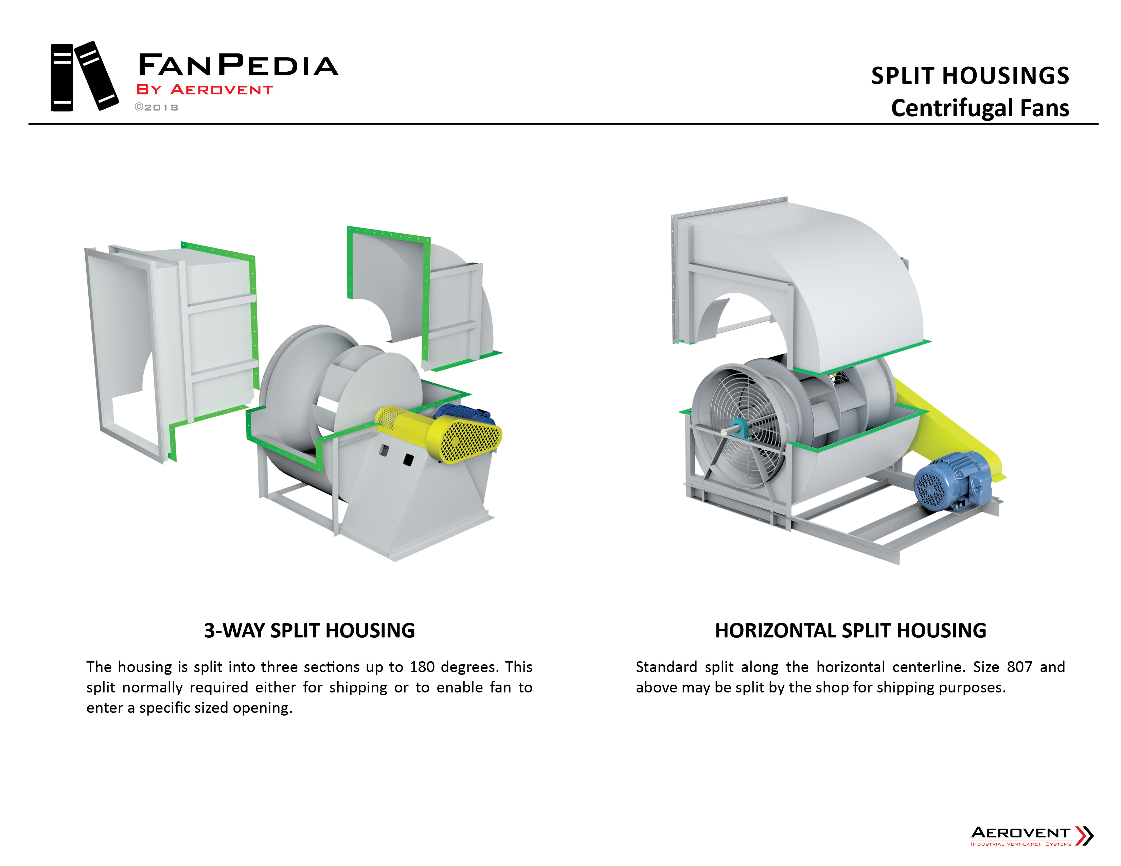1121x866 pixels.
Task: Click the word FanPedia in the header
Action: pyautogui.click(x=238, y=65)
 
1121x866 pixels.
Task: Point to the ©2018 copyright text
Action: pyautogui.click(x=157, y=107)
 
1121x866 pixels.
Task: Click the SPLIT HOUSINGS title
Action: pyautogui.click(x=969, y=76)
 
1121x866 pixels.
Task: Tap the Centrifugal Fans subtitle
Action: pyautogui.click(x=979, y=108)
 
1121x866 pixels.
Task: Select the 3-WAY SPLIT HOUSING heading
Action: pyautogui.click(x=309, y=631)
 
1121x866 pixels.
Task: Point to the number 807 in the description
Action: pyautogui.click(x=1019, y=667)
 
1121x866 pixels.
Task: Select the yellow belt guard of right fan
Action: pyautogui.click(x=949, y=426)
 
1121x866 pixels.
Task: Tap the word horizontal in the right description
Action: pyautogui.click(x=851, y=667)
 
